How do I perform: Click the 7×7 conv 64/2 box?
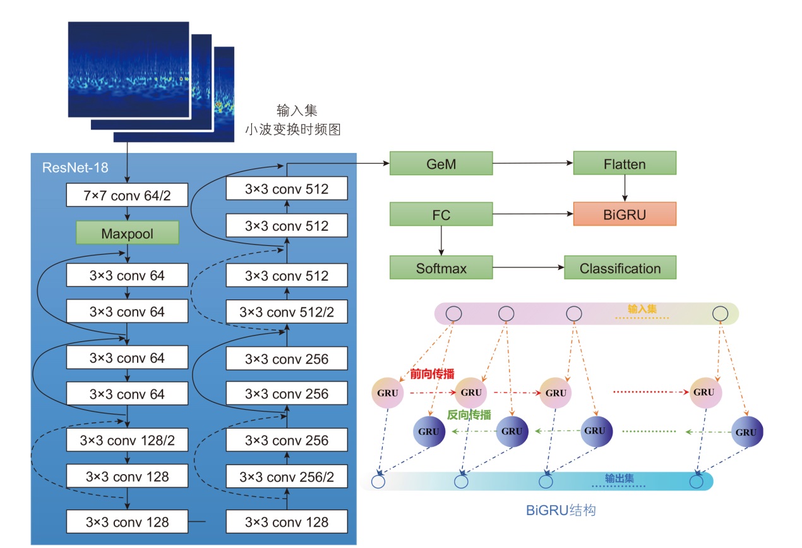click(127, 197)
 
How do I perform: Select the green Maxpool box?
click(127, 233)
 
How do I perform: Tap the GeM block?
click(441, 164)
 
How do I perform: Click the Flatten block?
click(624, 164)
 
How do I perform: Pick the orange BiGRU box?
click(624, 214)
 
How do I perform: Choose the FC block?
click(441, 214)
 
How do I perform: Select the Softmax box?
click(441, 268)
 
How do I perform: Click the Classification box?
click(619, 268)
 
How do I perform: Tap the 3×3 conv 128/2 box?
click(127, 440)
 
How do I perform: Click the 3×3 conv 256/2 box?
click(287, 477)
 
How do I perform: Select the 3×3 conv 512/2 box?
click(287, 312)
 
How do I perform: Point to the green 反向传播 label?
click(469, 415)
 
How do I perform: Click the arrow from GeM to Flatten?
click(532, 163)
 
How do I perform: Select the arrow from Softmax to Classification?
click(528, 268)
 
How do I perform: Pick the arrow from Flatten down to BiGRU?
click(625, 188)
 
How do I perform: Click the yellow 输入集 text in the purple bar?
click(642, 309)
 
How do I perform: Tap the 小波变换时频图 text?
click(293, 130)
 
